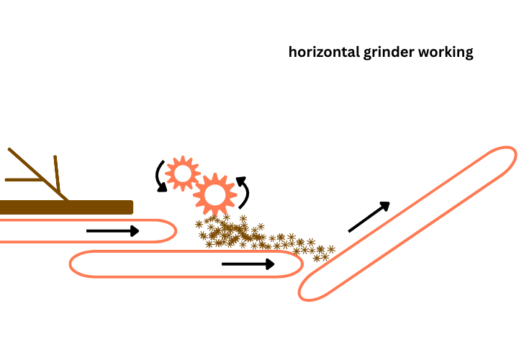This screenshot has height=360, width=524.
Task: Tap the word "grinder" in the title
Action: (x=387, y=53)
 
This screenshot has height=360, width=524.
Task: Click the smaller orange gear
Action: (x=182, y=173)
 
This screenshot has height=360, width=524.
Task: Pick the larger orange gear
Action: (x=214, y=194)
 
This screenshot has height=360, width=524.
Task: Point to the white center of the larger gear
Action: (x=214, y=194)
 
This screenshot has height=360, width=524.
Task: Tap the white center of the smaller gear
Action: (x=182, y=173)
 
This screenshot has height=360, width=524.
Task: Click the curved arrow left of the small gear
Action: (x=160, y=176)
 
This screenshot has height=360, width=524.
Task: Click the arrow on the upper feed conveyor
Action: (x=112, y=231)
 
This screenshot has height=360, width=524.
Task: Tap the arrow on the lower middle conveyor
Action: (x=248, y=264)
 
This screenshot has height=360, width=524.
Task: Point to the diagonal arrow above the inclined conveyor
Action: (x=369, y=217)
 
